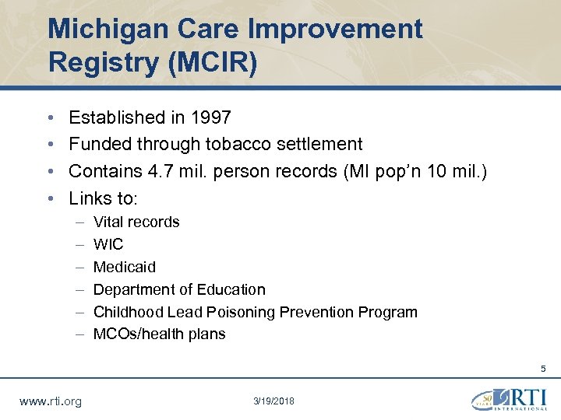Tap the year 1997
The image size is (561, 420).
[207, 117]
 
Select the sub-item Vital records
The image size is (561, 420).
[136, 222]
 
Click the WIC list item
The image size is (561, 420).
[108, 244]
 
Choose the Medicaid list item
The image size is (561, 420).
[125, 267]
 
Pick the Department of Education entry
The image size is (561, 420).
[179, 289]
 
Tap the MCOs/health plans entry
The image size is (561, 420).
[159, 334]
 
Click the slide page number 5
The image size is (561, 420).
[544, 369]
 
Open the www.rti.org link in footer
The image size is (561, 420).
[50, 401]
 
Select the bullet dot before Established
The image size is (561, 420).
[50, 118]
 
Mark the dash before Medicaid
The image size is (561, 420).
[80, 267]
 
